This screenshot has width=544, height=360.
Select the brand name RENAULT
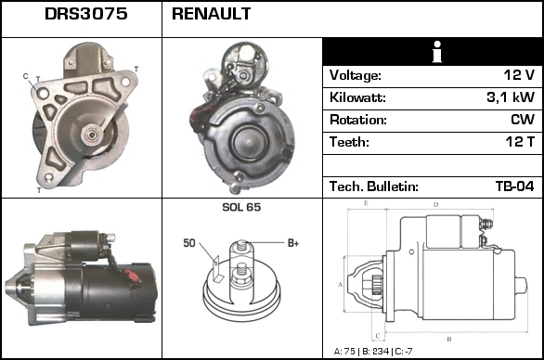[x=211, y=15]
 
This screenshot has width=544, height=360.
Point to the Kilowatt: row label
[x=357, y=97]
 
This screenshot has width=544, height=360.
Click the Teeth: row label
[x=349, y=142]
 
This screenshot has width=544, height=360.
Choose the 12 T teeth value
[x=520, y=142]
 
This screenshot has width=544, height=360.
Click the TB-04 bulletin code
[x=514, y=186]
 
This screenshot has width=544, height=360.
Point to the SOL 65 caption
[x=241, y=207]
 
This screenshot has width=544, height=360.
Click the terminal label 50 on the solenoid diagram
[x=188, y=243]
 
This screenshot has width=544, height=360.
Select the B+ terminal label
[x=292, y=243]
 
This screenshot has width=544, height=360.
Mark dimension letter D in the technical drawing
[x=435, y=203]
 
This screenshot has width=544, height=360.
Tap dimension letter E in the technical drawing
[x=366, y=202]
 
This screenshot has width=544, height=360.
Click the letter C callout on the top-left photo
[x=25, y=75]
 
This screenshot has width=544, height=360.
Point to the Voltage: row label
[x=355, y=75]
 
